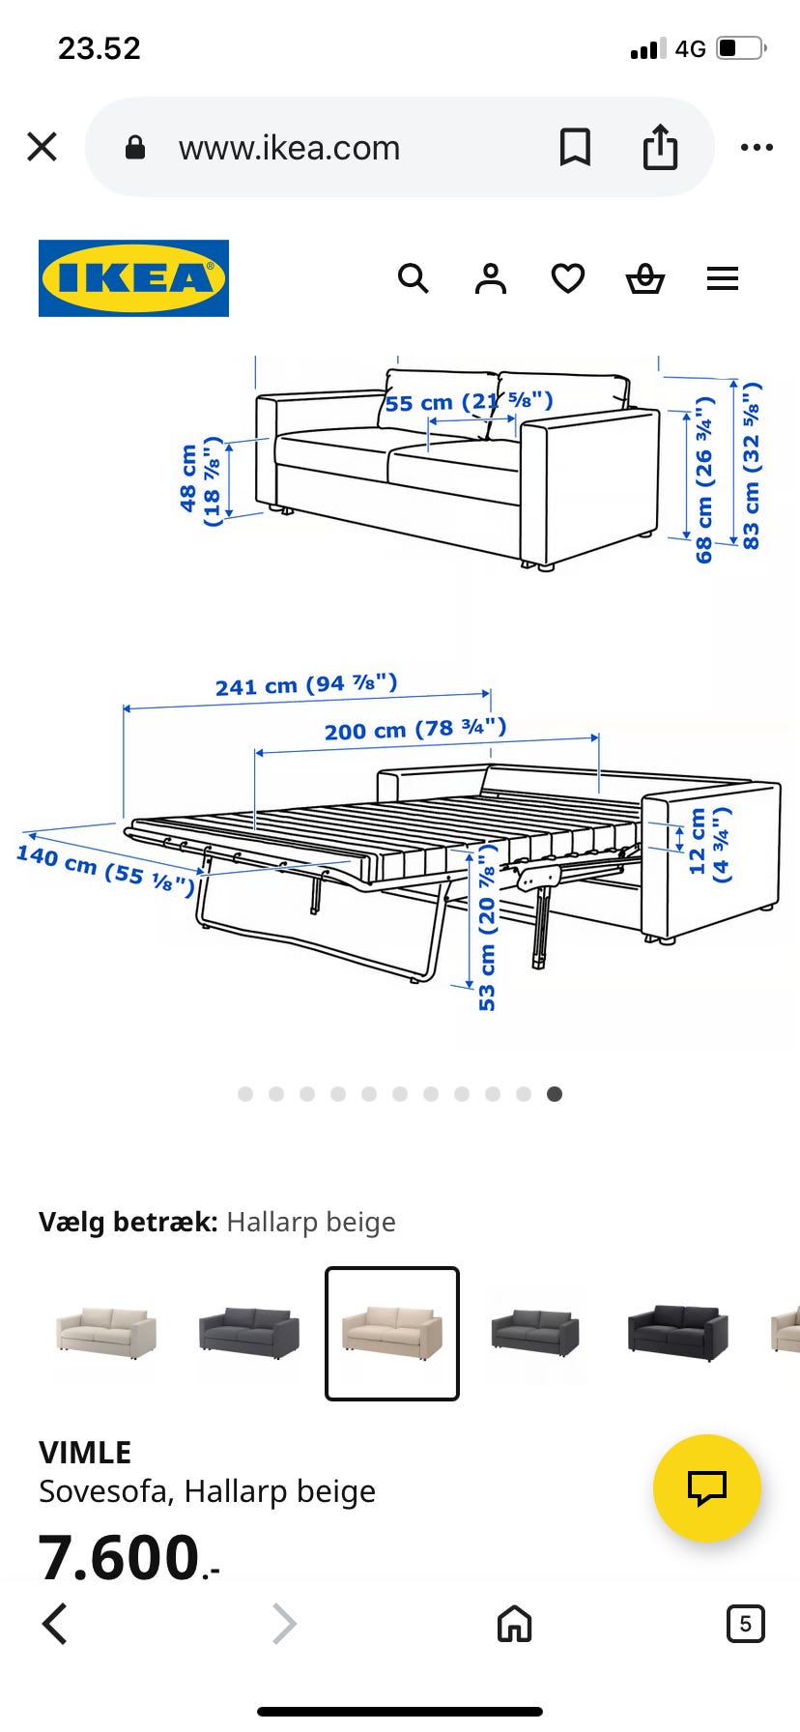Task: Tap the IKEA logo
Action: [133, 278]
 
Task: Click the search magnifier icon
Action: [413, 278]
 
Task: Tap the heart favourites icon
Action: [568, 278]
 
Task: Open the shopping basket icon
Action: [645, 278]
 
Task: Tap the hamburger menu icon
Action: [723, 278]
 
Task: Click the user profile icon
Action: [491, 278]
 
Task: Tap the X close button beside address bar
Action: [43, 147]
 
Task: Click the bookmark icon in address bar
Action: [575, 147]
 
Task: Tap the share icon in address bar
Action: [661, 147]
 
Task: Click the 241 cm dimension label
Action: [305, 685]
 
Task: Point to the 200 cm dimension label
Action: [415, 729]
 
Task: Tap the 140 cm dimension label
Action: [105, 866]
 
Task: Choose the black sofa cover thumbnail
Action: [678, 1332]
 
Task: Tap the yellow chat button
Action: [706, 1487]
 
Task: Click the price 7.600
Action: [120, 1557]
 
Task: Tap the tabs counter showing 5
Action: [745, 1624]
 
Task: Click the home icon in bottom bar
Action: [514, 1624]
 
